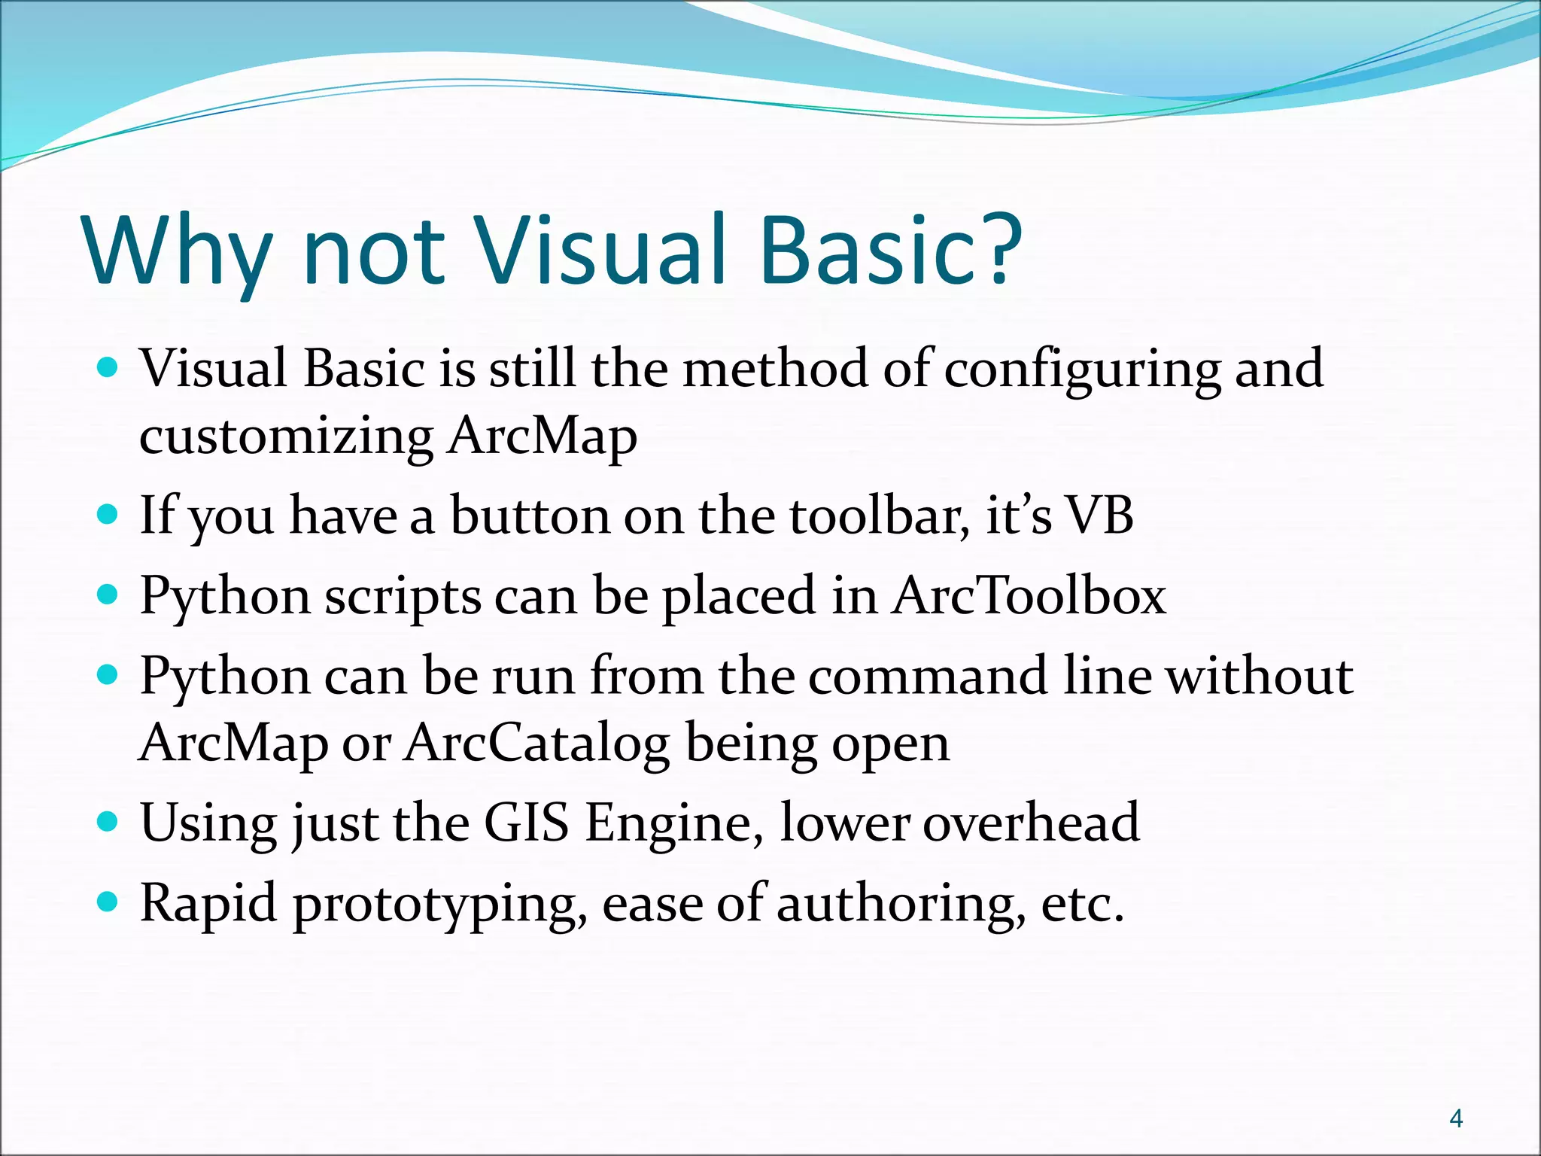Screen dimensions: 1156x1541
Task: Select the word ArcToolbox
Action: click(1029, 597)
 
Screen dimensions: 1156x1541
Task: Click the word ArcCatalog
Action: click(536, 744)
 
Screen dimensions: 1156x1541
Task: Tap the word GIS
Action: click(526, 823)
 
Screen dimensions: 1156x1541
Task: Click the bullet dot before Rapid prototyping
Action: click(108, 900)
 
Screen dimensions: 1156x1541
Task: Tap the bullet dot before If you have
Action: click(108, 515)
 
